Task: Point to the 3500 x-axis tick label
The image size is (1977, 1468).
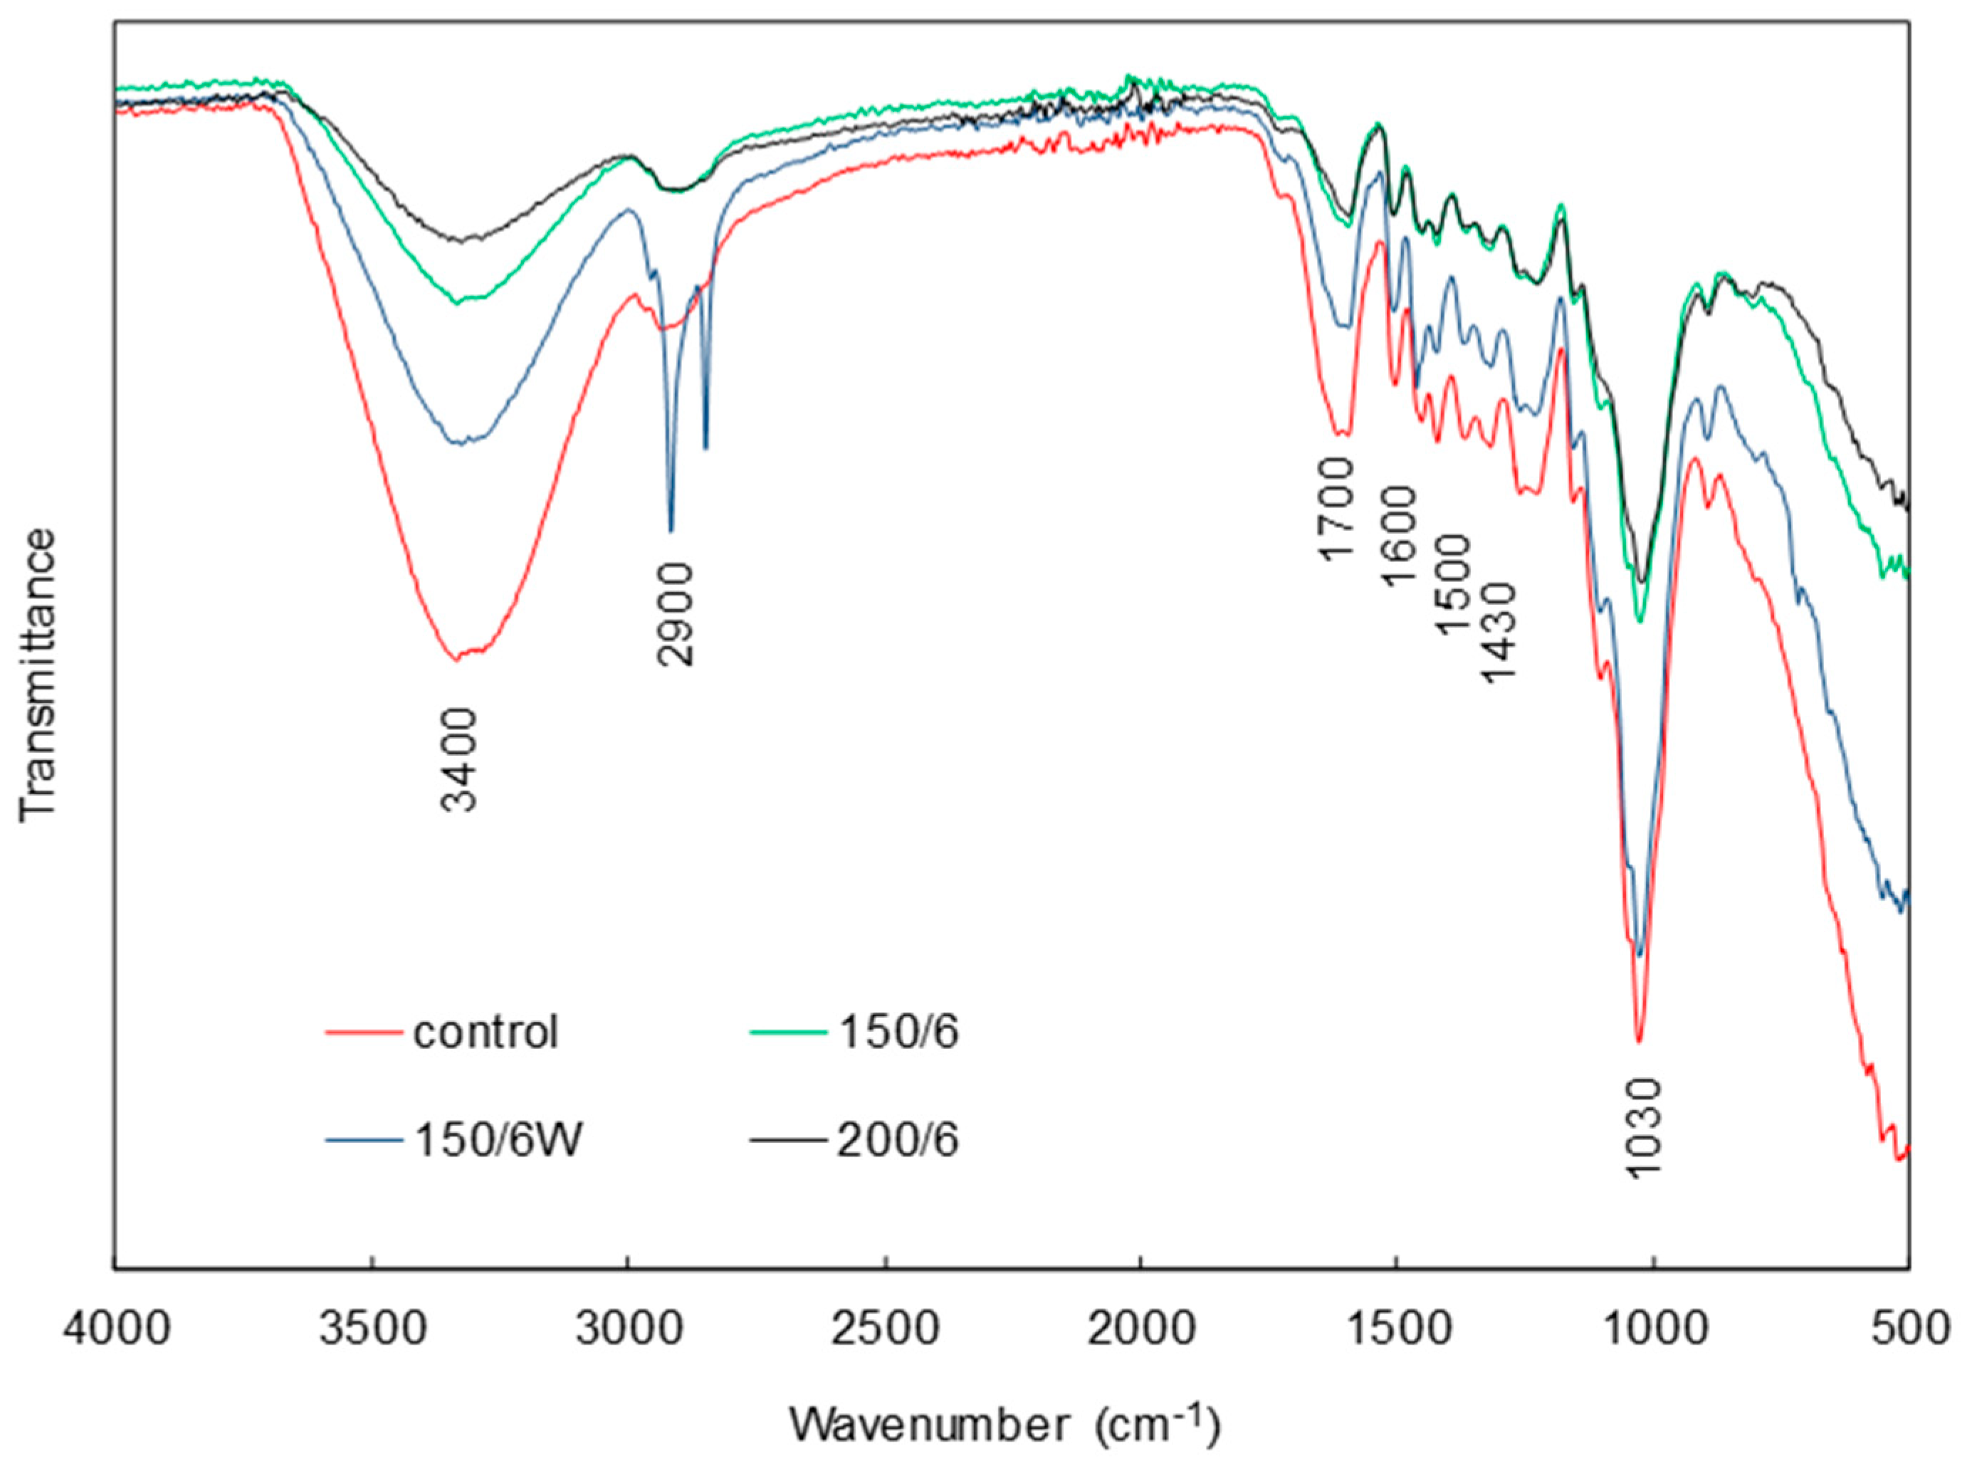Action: click(372, 1330)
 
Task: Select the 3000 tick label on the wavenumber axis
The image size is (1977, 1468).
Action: click(628, 1330)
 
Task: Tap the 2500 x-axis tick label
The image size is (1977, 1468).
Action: click(884, 1330)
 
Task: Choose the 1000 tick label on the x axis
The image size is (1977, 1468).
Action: click(1652, 1330)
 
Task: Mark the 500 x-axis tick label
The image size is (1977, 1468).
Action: click(1908, 1330)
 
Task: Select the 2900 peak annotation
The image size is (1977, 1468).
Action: click(677, 614)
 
